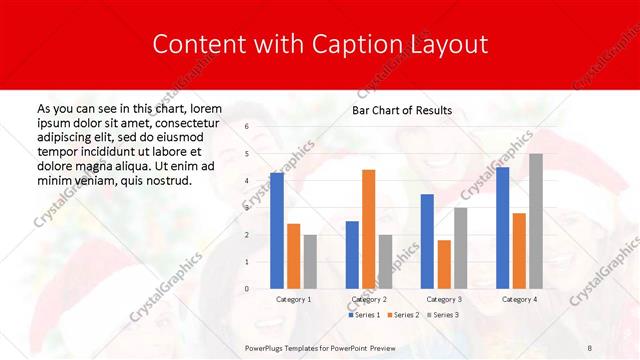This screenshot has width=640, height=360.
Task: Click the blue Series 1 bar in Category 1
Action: point(277,231)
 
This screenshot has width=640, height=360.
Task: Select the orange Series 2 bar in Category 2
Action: point(368,229)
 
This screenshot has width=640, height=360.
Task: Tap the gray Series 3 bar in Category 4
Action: point(536,221)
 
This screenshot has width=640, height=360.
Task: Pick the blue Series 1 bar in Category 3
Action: point(427,241)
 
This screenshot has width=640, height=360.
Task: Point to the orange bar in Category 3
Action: point(444,264)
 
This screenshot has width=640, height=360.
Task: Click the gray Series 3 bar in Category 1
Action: point(310,262)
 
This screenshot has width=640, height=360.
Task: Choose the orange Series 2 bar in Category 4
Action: point(519,251)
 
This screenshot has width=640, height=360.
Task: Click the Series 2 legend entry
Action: point(403,315)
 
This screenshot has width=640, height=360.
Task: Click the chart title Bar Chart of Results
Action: point(402,110)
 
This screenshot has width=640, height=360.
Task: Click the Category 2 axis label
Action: point(369,299)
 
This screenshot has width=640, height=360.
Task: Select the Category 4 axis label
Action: point(519,299)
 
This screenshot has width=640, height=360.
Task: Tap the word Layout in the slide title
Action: point(447,44)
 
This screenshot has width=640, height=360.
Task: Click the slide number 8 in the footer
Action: point(589,346)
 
